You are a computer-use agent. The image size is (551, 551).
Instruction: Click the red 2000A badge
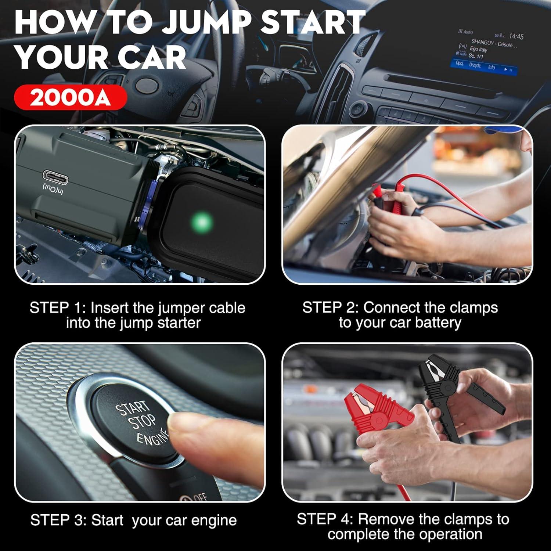pos(71,97)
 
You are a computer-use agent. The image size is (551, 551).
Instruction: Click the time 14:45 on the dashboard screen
pos(516,36)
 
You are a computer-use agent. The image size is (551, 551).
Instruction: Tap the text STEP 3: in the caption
pos(58,520)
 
